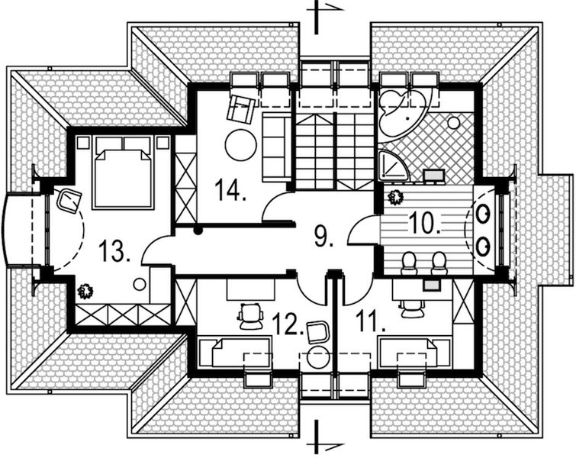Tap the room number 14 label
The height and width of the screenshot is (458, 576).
230,188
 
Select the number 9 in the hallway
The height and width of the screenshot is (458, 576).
323,237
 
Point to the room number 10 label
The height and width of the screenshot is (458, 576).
424,222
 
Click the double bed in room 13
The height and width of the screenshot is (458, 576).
121,174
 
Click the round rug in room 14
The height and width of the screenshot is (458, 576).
241,144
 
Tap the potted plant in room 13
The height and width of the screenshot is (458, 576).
84,291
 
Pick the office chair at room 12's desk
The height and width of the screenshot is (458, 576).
249,314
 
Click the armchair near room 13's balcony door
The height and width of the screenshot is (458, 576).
69,202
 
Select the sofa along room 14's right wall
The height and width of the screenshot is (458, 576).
276,146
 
